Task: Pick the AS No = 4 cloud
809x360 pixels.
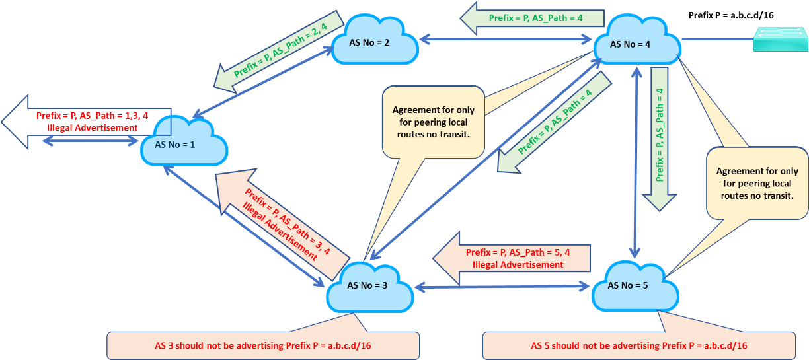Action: [x=636, y=43]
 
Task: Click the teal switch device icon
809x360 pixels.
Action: [x=780, y=39]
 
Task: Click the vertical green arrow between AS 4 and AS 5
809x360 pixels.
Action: [x=660, y=139]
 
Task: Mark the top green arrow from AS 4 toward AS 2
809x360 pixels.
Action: [x=532, y=18]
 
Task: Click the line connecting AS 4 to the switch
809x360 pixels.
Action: [x=718, y=40]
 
